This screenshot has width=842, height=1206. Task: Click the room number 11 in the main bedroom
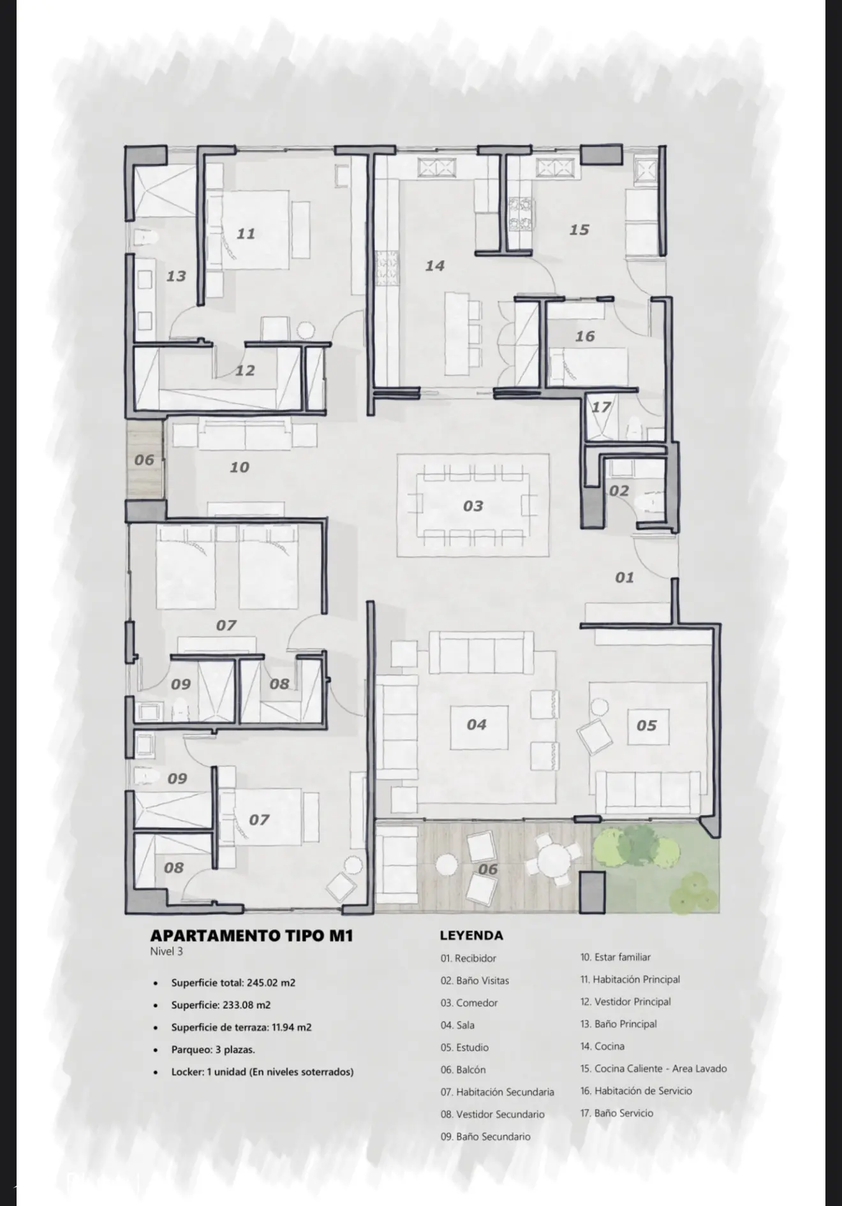coord(246,234)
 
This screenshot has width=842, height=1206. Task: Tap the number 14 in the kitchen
coord(434,266)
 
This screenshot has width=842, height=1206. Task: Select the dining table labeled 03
coord(473,506)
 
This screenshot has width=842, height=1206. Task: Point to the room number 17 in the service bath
coord(601,407)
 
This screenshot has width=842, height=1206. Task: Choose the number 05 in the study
coord(646,726)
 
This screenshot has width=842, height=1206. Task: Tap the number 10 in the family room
coord(239,467)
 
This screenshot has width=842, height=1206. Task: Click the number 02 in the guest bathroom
coord(619,491)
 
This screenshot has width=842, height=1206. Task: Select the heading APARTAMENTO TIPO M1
coord(251,936)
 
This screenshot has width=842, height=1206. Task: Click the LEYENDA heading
coord(471,936)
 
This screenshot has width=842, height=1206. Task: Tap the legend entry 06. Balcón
coord(462,1070)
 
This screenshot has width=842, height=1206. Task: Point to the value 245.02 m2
coord(270,983)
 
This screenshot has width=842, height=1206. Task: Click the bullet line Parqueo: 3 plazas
coord(213,1049)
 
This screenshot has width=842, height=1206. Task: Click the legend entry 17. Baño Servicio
coord(616,1113)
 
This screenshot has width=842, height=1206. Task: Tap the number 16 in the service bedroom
coord(585,337)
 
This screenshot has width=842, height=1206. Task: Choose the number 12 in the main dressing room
coord(245,371)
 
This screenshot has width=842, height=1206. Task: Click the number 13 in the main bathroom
coord(176,277)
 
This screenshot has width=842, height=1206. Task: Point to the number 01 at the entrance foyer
coord(624,578)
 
